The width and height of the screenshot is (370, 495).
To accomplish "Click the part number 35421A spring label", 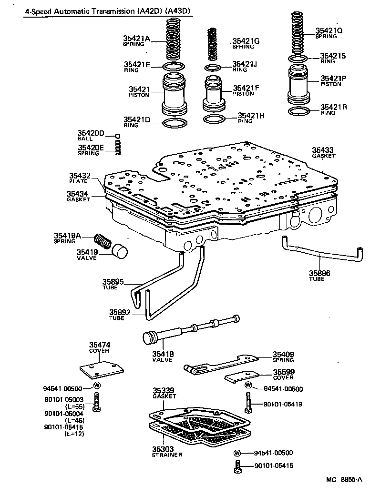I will [x=137, y=39].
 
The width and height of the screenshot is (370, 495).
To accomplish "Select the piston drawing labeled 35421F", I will [x=213, y=92].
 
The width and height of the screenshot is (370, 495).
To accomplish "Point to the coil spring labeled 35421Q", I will [x=300, y=33].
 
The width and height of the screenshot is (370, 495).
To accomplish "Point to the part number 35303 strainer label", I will [x=163, y=449].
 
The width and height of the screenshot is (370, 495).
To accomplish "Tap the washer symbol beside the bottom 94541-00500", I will [x=237, y=453].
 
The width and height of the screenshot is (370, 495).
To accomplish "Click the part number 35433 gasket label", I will [x=323, y=149].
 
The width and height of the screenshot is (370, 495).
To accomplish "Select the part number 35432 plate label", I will [x=79, y=176].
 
